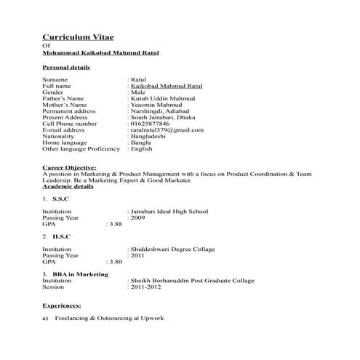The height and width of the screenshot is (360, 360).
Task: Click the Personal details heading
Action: (x=66, y=67)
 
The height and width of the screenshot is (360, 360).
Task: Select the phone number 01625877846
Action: (x=154, y=124)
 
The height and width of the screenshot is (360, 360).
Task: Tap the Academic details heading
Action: (x=68, y=187)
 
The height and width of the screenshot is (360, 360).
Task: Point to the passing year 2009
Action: (x=138, y=217)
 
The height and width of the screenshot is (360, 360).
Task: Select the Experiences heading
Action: (x=62, y=305)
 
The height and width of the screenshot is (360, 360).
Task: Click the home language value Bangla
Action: (x=141, y=143)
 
